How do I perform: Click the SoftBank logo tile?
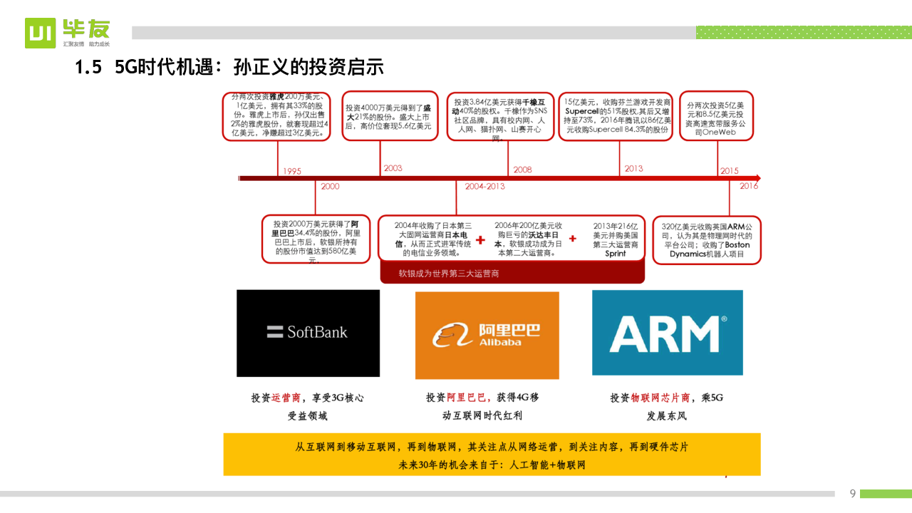[x=308, y=333]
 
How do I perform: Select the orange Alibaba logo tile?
[x=487, y=335]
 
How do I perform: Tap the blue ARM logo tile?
[x=668, y=333]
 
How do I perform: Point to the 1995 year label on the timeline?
[x=292, y=171]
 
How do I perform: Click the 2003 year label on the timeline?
[x=393, y=168]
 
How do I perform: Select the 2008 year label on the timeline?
[x=522, y=170]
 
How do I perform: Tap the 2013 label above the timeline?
[x=633, y=169]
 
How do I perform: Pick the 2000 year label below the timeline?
[x=330, y=186]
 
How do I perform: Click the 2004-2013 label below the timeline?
[x=484, y=186]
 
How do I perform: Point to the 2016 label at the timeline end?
[x=749, y=186]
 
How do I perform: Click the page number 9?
[x=852, y=494]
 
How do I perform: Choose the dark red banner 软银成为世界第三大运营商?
[x=512, y=273]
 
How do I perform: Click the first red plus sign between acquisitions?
[x=481, y=240]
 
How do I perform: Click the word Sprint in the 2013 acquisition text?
[x=616, y=254]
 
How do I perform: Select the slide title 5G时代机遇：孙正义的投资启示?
[x=229, y=68]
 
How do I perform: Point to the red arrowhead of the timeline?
[x=757, y=178]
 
